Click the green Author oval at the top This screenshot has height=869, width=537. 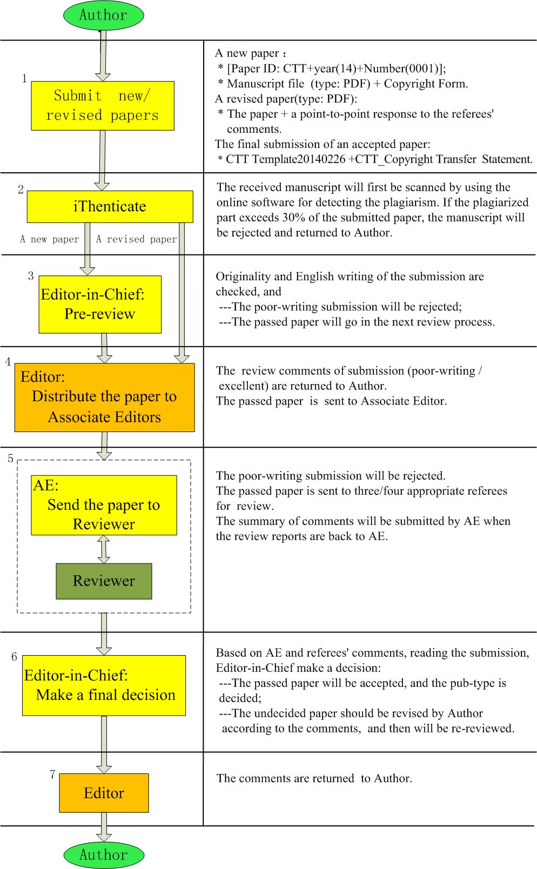click(x=104, y=15)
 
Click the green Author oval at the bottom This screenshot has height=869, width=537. click(x=104, y=854)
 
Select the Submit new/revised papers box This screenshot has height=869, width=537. click(x=103, y=106)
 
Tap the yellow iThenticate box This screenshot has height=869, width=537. click(x=110, y=206)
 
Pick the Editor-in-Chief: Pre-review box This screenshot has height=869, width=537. click(x=100, y=304)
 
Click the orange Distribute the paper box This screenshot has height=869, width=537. click(x=104, y=397)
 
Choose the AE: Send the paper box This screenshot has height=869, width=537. click(x=104, y=505)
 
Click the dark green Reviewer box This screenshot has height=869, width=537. click(x=104, y=581)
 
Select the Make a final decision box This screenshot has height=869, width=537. click(x=104, y=685)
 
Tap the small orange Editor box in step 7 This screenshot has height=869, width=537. click(x=104, y=793)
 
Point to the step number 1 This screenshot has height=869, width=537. click(x=24, y=79)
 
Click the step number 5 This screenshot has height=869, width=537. click(x=11, y=459)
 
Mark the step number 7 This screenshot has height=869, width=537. click(x=52, y=774)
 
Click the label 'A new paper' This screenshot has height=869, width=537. click(x=50, y=239)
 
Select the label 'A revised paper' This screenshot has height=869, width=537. click(x=136, y=239)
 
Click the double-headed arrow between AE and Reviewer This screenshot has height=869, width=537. click(x=104, y=549)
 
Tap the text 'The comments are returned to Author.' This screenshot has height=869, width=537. click(x=314, y=778)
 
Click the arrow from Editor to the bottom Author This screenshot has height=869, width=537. click(x=104, y=827)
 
